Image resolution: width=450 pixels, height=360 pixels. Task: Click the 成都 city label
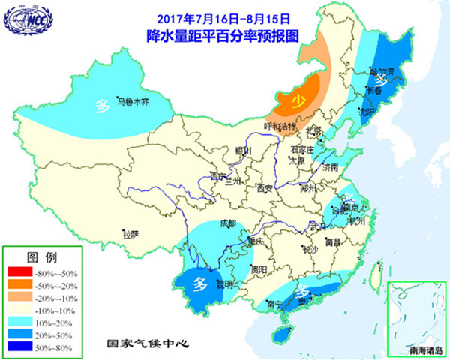coord(228,223)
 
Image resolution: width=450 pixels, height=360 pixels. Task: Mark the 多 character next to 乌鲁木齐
coord(103,105)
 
